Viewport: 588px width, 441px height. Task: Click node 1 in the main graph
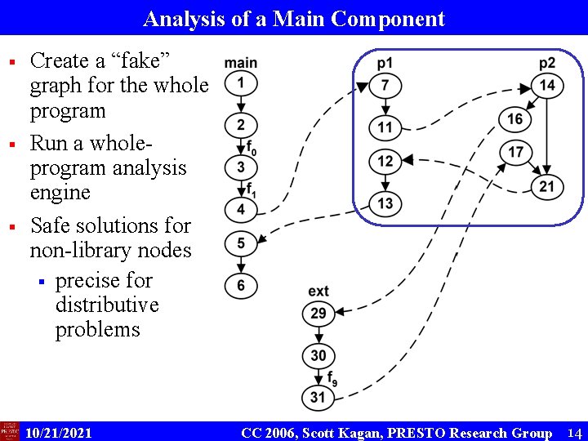241,82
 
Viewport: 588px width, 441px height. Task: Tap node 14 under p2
547,86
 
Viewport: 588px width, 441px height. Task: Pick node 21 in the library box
547,187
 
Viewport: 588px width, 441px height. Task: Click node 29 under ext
318,313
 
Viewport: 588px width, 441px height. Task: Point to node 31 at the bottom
318,398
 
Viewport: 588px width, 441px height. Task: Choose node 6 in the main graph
241,285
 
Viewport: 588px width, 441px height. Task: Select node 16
514,119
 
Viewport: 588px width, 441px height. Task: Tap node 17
515,152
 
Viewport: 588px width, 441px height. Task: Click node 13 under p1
385,203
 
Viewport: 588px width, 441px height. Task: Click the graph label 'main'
241,63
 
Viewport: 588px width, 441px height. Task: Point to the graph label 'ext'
318,292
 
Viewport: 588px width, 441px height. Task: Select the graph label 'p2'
547,64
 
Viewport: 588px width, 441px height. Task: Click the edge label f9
332,378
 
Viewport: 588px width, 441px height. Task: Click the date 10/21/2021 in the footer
59,432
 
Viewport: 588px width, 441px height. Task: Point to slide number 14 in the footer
574,432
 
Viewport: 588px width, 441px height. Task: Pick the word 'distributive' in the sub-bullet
107,305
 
